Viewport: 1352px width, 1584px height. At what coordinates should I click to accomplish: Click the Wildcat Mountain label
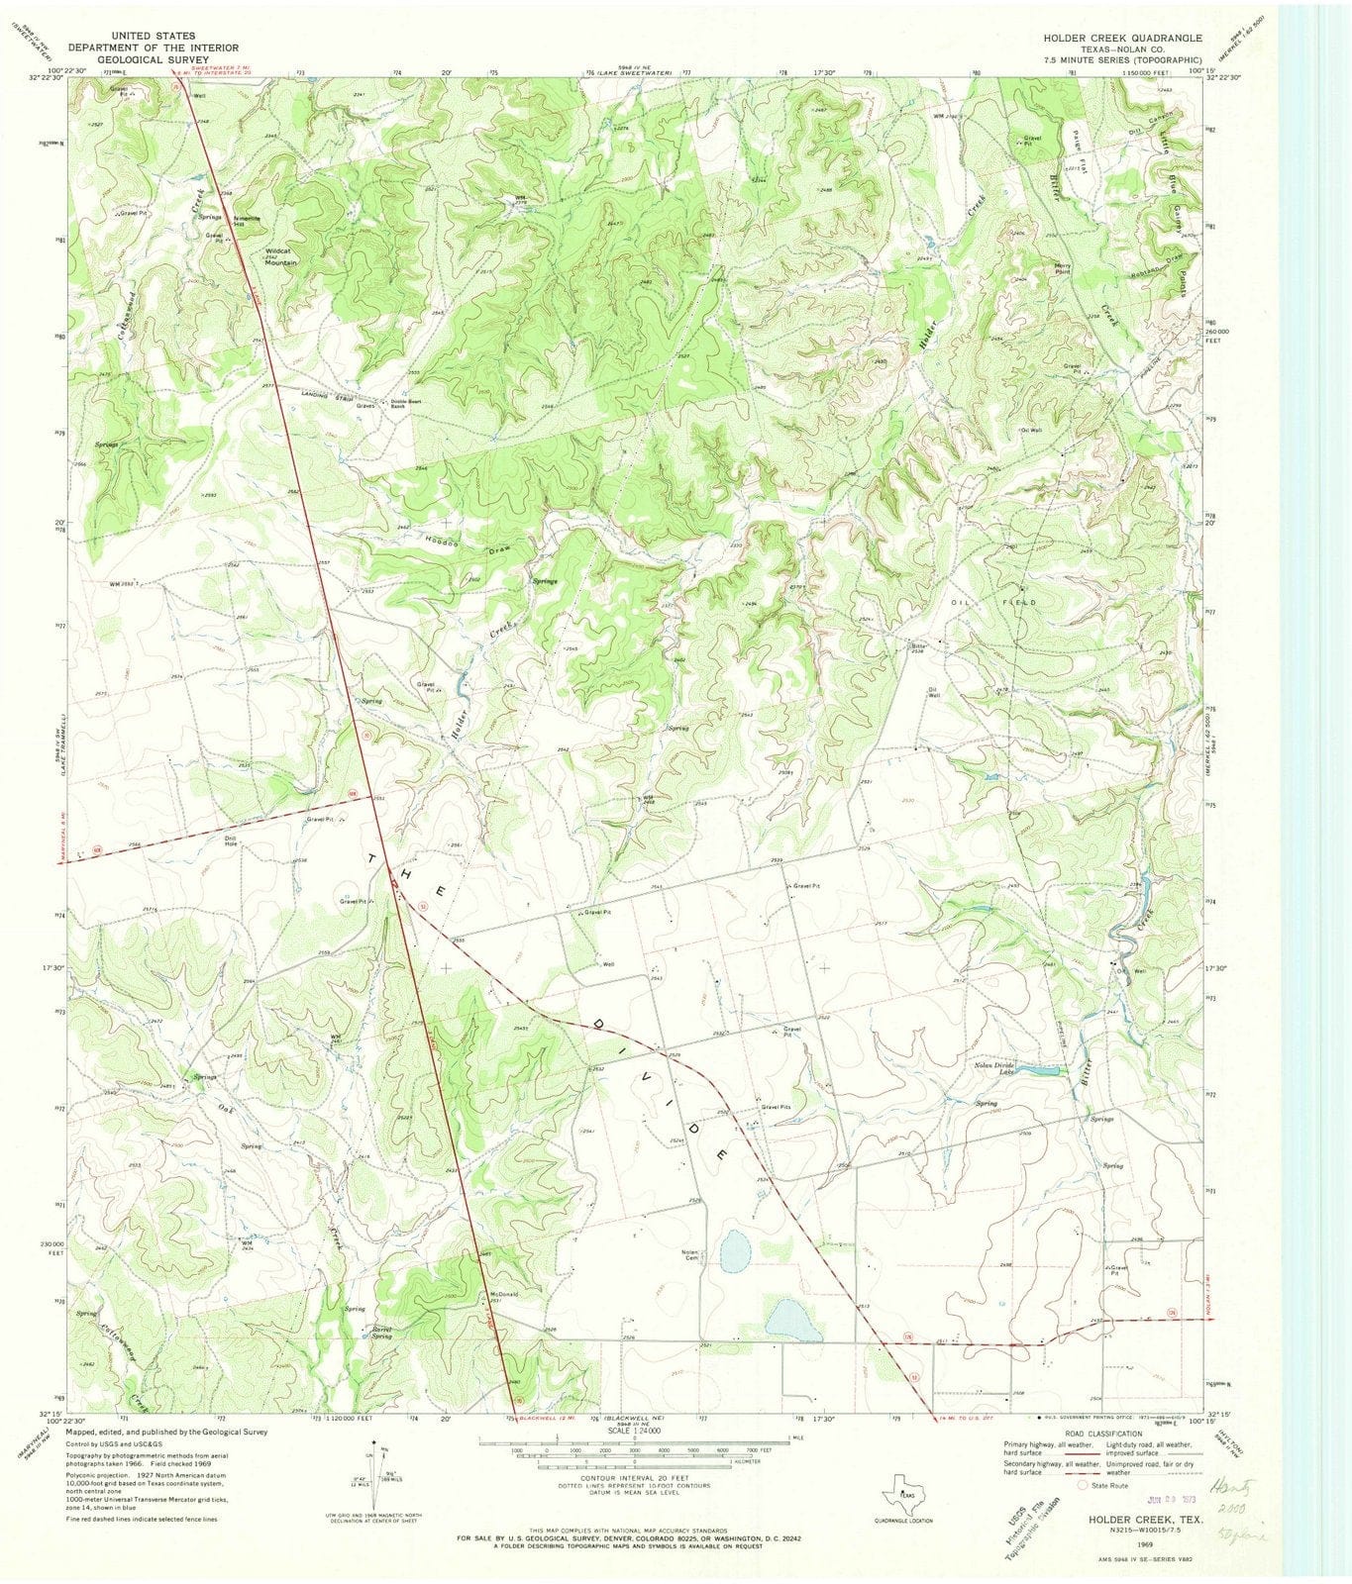[x=280, y=256]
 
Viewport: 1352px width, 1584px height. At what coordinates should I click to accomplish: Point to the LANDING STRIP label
[x=328, y=396]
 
